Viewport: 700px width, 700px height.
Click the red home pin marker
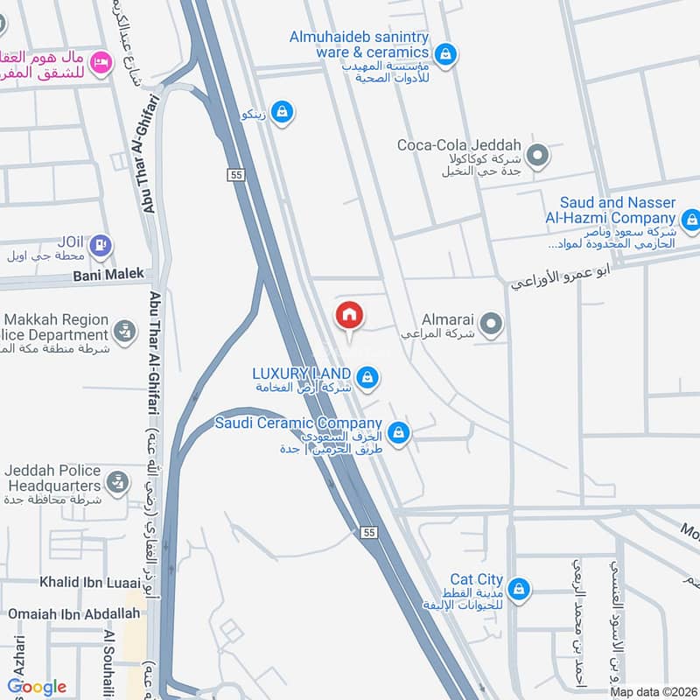[348, 315]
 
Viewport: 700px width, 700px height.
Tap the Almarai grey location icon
[492, 325]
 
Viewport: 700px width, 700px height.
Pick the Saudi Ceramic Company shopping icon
[399, 432]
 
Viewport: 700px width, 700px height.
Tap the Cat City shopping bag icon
[519, 587]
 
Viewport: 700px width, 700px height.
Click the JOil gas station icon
[101, 246]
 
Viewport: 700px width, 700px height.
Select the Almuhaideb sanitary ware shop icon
[445, 54]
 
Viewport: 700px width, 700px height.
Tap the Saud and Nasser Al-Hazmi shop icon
[691, 218]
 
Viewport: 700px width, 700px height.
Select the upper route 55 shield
[236, 175]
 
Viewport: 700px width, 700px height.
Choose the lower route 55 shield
[367, 532]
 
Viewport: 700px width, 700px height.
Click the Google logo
[37, 687]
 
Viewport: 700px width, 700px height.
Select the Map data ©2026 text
[651, 691]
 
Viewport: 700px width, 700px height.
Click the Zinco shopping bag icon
[282, 112]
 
